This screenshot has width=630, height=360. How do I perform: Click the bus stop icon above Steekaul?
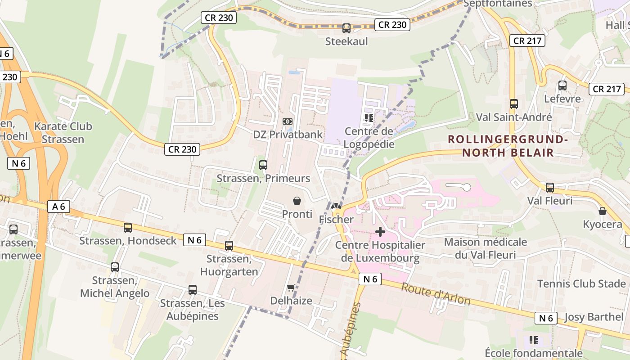pos(346,28)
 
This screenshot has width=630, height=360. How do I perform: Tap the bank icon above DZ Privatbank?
pos(288,121)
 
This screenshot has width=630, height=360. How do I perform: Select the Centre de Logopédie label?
pos(369,138)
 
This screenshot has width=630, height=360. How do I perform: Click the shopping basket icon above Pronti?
pos(297,201)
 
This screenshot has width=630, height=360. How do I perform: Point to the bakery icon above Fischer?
pos(336,207)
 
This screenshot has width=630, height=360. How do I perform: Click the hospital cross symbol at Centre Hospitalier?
pos(380,232)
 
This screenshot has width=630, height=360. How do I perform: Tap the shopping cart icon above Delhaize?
pos(291,288)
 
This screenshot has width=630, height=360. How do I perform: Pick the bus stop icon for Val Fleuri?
pos(549,188)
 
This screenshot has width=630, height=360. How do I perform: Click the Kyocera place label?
pos(602,224)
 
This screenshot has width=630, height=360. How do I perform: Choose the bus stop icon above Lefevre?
pos(562,85)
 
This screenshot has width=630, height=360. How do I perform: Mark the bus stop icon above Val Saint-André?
pos(514,104)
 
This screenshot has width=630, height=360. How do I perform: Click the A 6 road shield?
pos(59,207)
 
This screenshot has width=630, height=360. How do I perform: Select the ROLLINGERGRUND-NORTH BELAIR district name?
pos(508,146)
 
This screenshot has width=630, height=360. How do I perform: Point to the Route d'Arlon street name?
pos(436,294)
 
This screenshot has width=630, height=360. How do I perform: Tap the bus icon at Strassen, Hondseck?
pos(128,228)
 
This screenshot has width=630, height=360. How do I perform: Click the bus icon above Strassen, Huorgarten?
pos(229,246)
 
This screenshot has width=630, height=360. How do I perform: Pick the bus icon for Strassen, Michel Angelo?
pos(115,267)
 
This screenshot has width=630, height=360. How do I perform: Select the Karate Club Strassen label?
pos(63,133)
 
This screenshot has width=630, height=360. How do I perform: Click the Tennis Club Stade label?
pos(581,284)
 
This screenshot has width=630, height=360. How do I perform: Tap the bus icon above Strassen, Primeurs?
pos(263,165)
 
